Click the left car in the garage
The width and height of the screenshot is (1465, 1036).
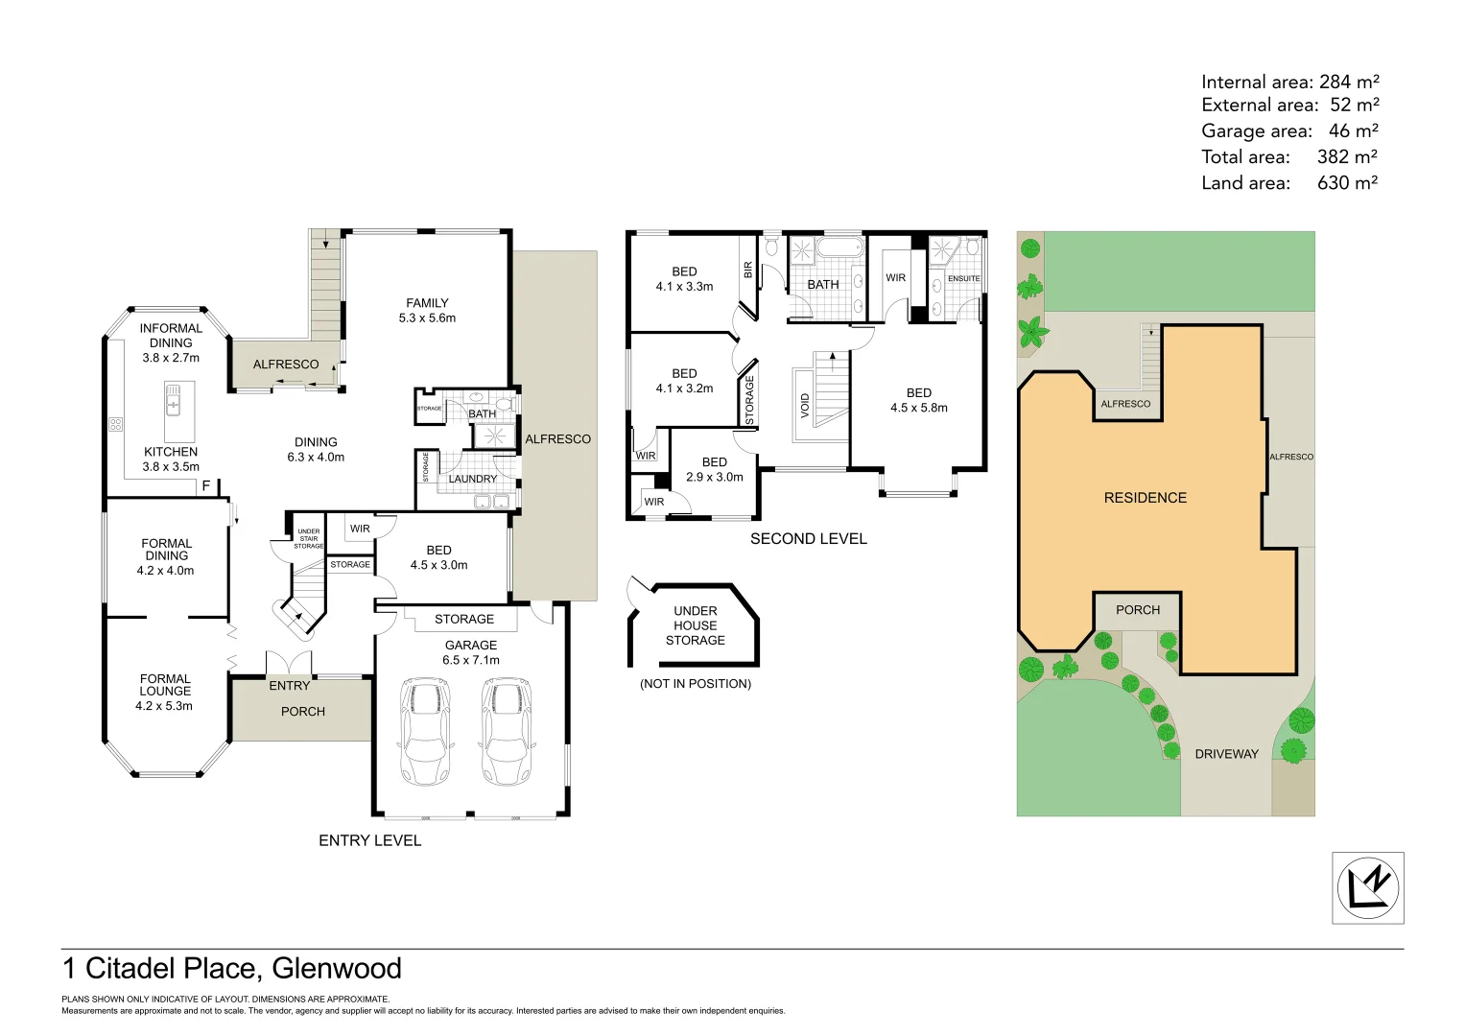tap(424, 732)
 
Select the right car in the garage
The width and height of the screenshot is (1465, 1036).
tap(506, 732)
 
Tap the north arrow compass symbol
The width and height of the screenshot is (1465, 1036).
tap(1367, 887)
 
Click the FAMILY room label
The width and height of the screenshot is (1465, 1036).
tap(427, 303)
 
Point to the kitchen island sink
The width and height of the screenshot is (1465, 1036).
tap(173, 399)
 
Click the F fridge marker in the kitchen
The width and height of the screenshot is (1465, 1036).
tap(205, 486)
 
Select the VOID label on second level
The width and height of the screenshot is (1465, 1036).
tap(805, 405)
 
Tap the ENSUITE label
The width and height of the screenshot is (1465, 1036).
tap(963, 279)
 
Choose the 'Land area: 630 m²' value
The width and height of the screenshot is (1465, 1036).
tap(1347, 183)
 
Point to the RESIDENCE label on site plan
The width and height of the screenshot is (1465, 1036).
tap(1145, 498)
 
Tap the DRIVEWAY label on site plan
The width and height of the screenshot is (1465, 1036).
tap(1226, 754)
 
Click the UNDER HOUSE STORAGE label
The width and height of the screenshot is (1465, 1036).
tap(696, 625)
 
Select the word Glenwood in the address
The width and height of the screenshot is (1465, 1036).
tap(337, 969)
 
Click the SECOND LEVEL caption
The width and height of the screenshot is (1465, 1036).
tap(808, 539)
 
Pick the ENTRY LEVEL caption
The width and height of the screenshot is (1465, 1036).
tap(369, 840)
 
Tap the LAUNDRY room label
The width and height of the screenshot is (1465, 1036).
tap(473, 479)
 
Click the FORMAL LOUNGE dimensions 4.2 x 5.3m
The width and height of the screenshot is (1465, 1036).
tap(164, 706)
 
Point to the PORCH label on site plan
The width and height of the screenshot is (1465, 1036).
tap(1138, 610)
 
